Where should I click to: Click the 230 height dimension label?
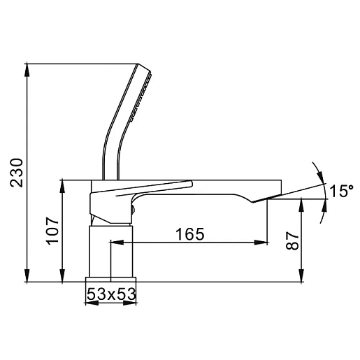tap(17, 173)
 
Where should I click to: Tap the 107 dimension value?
tap(53, 231)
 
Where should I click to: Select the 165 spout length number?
tap(189, 234)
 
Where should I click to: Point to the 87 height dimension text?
tap(292, 240)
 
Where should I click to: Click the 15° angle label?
tap(341, 191)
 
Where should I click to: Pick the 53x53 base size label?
tap(111, 294)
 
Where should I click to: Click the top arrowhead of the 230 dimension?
tap(27, 70)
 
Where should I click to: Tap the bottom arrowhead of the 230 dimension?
tap(27, 275)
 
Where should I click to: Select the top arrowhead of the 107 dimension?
tap(62, 186)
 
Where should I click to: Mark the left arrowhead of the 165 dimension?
tap(117, 243)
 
